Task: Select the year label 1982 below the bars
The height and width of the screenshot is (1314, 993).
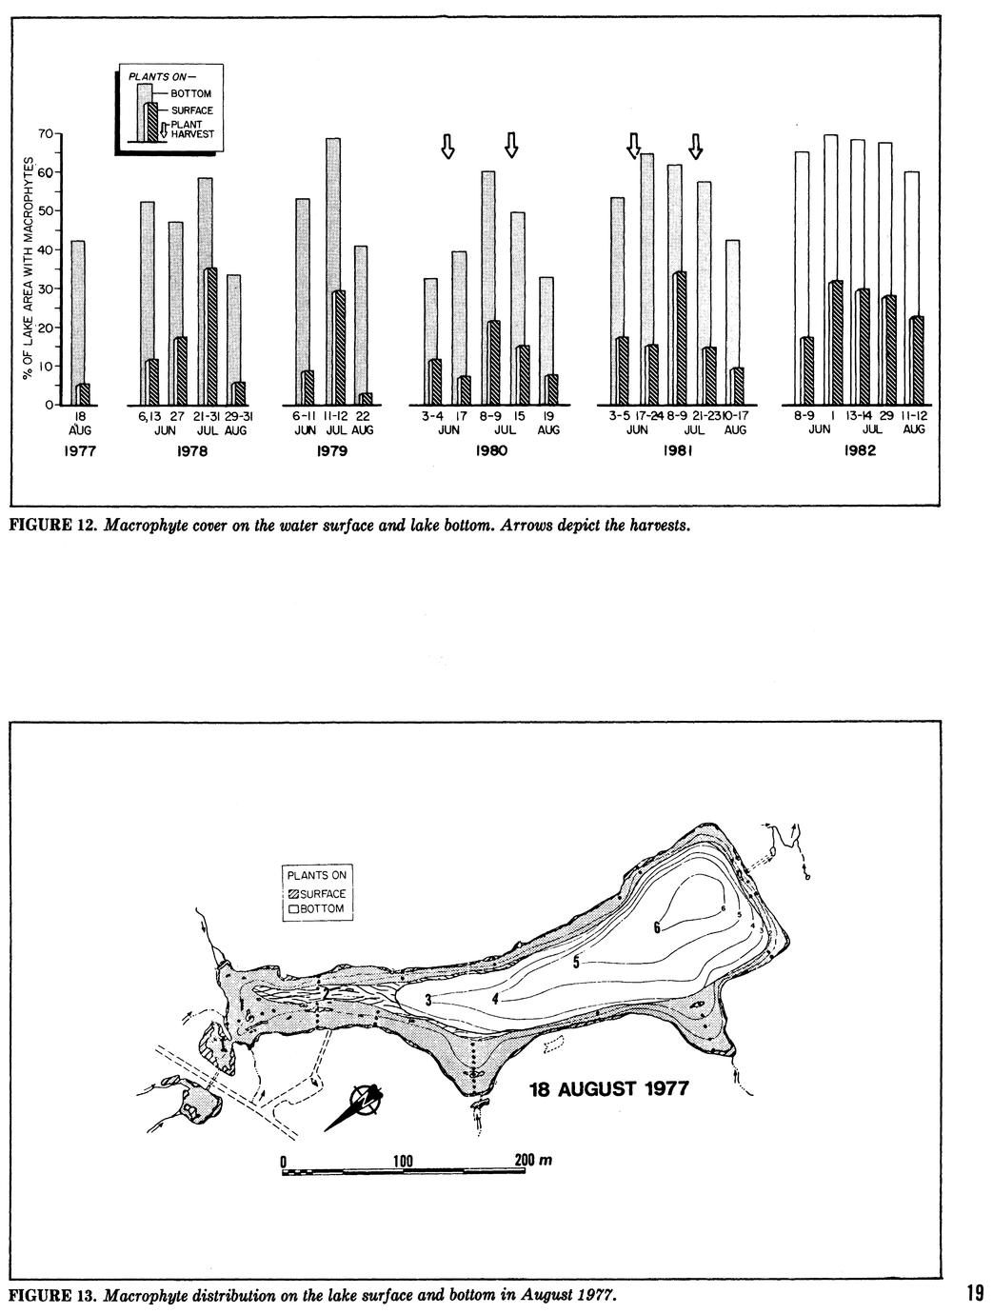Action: [x=859, y=451]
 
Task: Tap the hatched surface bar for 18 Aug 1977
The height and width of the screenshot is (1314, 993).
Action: [x=84, y=394]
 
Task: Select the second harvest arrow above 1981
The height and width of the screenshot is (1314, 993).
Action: [x=696, y=146]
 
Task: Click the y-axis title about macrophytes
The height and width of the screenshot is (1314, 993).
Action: [x=29, y=271]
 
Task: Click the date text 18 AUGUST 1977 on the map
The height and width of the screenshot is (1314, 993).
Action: [x=608, y=1087]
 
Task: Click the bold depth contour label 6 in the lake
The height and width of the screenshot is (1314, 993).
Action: [x=657, y=927]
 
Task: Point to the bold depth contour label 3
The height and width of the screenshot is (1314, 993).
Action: [x=428, y=999]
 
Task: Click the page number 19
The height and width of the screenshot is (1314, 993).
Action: [x=973, y=1293]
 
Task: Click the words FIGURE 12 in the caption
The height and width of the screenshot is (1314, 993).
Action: [x=49, y=524]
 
